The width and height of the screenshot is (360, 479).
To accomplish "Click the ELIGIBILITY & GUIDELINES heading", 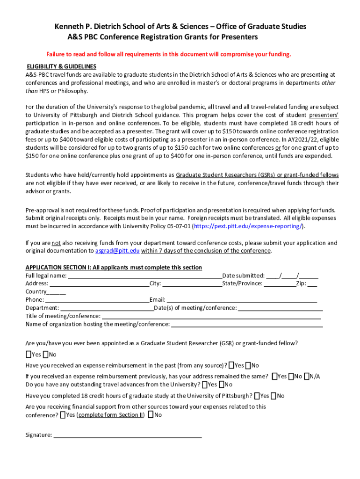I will (x=61, y=67).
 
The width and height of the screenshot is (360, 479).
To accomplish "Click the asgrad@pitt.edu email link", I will (x=117, y=251).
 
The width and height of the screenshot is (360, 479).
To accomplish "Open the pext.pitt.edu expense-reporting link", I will (x=248, y=226).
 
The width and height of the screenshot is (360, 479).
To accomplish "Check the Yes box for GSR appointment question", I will (x=29, y=355).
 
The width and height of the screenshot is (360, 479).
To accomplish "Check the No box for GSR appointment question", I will (x=46, y=355).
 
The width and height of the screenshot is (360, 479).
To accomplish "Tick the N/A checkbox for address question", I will (x=307, y=377).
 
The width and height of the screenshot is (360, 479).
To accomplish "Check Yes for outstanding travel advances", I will (x=205, y=385).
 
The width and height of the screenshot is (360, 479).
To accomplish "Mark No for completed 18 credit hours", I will (x=274, y=396).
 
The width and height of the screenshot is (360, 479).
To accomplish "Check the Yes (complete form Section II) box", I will (x=63, y=415).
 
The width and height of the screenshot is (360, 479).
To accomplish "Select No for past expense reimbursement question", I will (x=248, y=365).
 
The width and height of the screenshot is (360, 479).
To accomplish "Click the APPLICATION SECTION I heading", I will (x=114, y=268).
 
